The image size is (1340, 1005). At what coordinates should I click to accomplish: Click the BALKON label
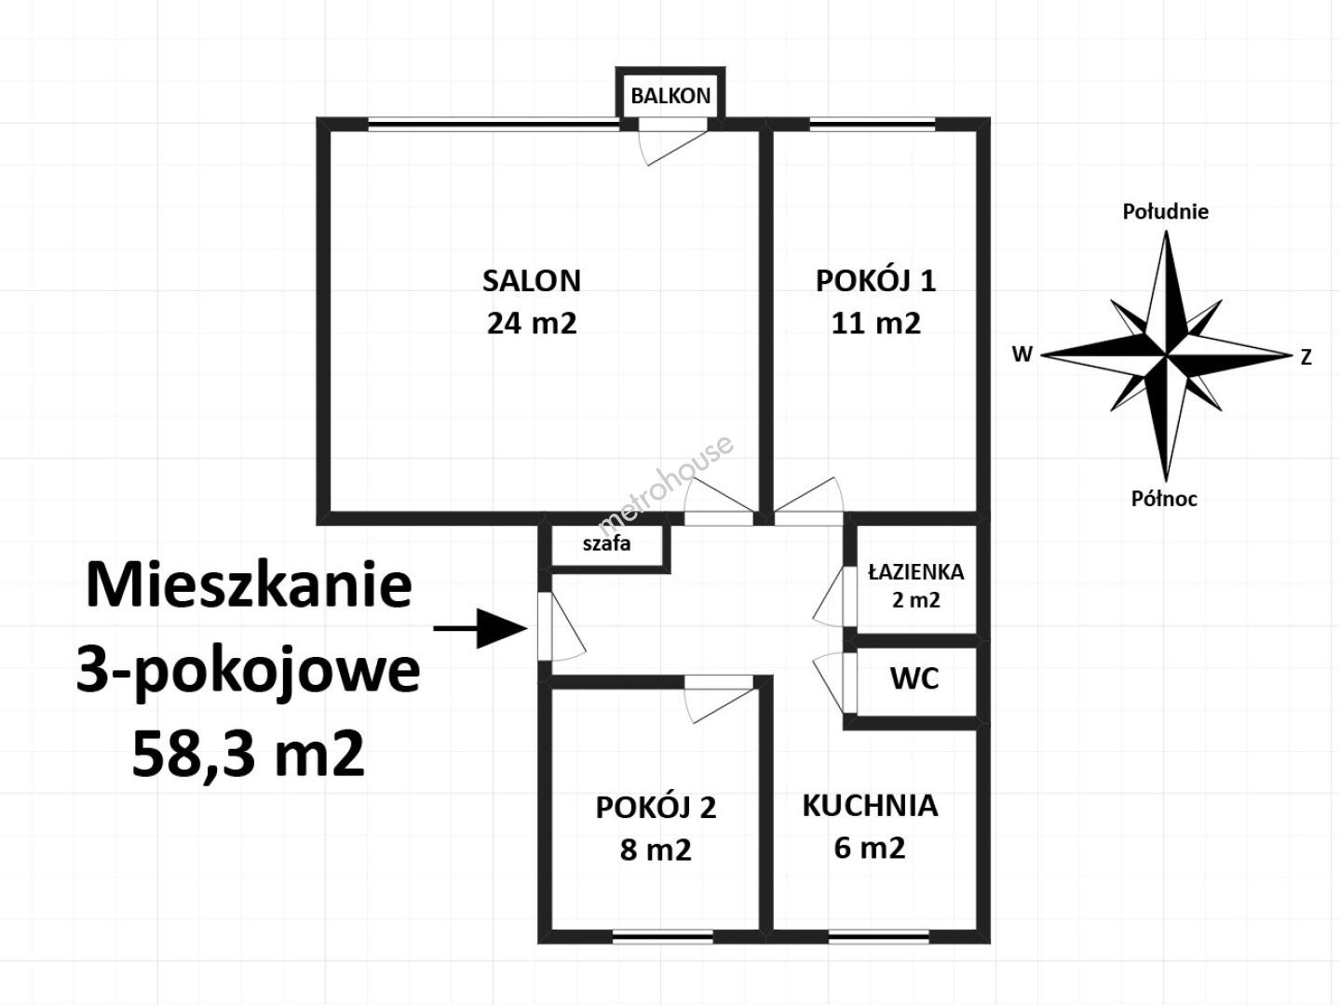click(x=670, y=96)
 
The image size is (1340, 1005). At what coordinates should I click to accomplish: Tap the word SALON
click(x=531, y=281)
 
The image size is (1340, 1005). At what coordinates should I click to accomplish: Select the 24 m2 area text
click(x=531, y=323)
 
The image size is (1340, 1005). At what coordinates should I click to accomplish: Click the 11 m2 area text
click(x=875, y=323)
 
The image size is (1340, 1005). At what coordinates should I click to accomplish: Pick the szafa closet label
click(x=606, y=543)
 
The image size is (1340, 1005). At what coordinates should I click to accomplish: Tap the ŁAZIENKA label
click(x=916, y=571)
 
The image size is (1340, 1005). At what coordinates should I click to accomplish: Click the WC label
click(x=914, y=678)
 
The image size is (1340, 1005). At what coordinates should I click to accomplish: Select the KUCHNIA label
click(x=870, y=806)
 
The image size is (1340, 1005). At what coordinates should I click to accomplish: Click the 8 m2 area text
click(x=656, y=850)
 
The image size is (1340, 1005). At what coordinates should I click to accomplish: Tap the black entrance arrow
click(x=481, y=628)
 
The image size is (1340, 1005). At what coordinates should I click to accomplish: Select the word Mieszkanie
click(x=249, y=585)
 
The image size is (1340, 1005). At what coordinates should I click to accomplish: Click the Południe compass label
click(x=1166, y=211)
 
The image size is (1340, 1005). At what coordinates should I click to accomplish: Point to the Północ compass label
click(x=1164, y=499)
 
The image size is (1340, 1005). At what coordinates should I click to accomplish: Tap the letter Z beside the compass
click(x=1306, y=357)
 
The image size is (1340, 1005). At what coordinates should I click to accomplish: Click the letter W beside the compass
click(x=1022, y=354)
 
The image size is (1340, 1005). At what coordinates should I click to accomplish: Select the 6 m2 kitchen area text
click(x=870, y=848)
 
